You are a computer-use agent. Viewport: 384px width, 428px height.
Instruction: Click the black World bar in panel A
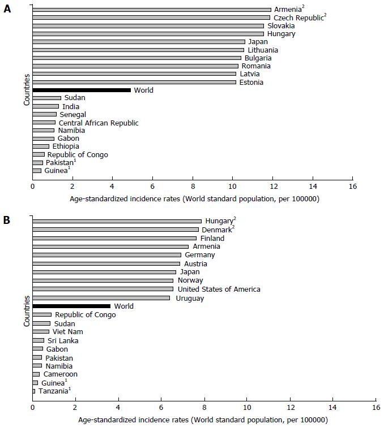coord(82,90)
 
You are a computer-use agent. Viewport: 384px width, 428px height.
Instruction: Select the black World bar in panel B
coord(71,306)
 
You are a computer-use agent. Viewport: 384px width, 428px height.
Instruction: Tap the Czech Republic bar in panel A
coord(151,18)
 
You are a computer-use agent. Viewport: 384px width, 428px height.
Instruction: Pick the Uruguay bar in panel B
coord(101,298)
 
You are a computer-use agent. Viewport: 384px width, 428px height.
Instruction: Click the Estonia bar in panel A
coord(134,82)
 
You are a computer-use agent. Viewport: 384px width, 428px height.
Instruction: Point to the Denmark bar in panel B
coord(116,230)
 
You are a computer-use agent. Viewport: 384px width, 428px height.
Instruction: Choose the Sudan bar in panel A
coord(47,98)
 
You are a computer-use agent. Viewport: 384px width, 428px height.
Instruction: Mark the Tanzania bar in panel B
coord(33,391)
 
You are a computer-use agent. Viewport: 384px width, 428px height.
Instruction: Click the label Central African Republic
coord(99,123)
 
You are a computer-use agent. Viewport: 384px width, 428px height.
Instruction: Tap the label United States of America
coord(219,289)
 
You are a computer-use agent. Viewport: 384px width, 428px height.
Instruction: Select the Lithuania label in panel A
coord(263,50)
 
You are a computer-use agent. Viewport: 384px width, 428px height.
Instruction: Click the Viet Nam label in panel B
coord(68,332)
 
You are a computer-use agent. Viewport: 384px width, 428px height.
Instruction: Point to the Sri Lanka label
coord(63,341)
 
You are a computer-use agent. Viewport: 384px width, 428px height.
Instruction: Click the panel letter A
coord(7,9)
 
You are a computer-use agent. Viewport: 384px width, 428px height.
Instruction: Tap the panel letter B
coord(7,220)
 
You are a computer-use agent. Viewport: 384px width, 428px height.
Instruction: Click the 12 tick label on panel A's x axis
coord(274,187)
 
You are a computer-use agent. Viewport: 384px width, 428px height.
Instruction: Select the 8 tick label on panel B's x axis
coord(204,407)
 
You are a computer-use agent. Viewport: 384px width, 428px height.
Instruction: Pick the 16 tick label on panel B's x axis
coord(376,407)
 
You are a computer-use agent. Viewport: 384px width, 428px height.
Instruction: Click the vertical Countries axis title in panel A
coord(27,89)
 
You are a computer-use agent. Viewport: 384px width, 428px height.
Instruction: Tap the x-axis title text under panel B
coord(203,420)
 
